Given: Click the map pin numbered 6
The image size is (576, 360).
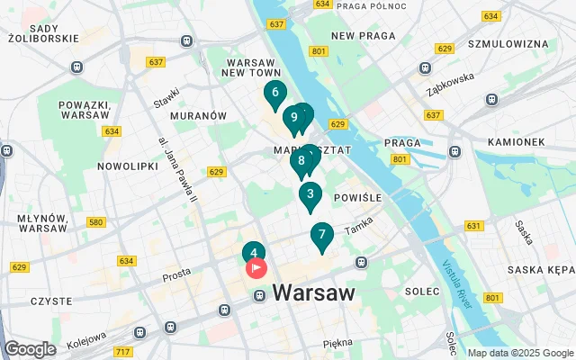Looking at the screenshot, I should tap(274, 92).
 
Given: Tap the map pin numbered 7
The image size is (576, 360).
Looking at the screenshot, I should tap(321, 236).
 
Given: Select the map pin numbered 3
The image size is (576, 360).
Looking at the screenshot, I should tap(310, 194).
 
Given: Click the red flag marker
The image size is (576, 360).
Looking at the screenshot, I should tap(256, 267).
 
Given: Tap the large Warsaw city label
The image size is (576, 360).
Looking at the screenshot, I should tap(313, 292).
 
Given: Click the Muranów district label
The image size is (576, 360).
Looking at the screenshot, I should tap(199, 116).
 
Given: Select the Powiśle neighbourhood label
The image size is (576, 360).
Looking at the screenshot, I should tap(358, 197).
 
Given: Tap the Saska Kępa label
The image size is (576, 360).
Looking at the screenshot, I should tap(540, 270).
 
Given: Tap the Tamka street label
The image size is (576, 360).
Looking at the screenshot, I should tap(358, 229).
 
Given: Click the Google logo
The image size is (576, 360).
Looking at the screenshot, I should tap(30, 349).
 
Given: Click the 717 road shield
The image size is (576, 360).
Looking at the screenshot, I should tap(123, 350).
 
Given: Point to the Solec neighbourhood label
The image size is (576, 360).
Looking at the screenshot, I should tap(421, 292).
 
